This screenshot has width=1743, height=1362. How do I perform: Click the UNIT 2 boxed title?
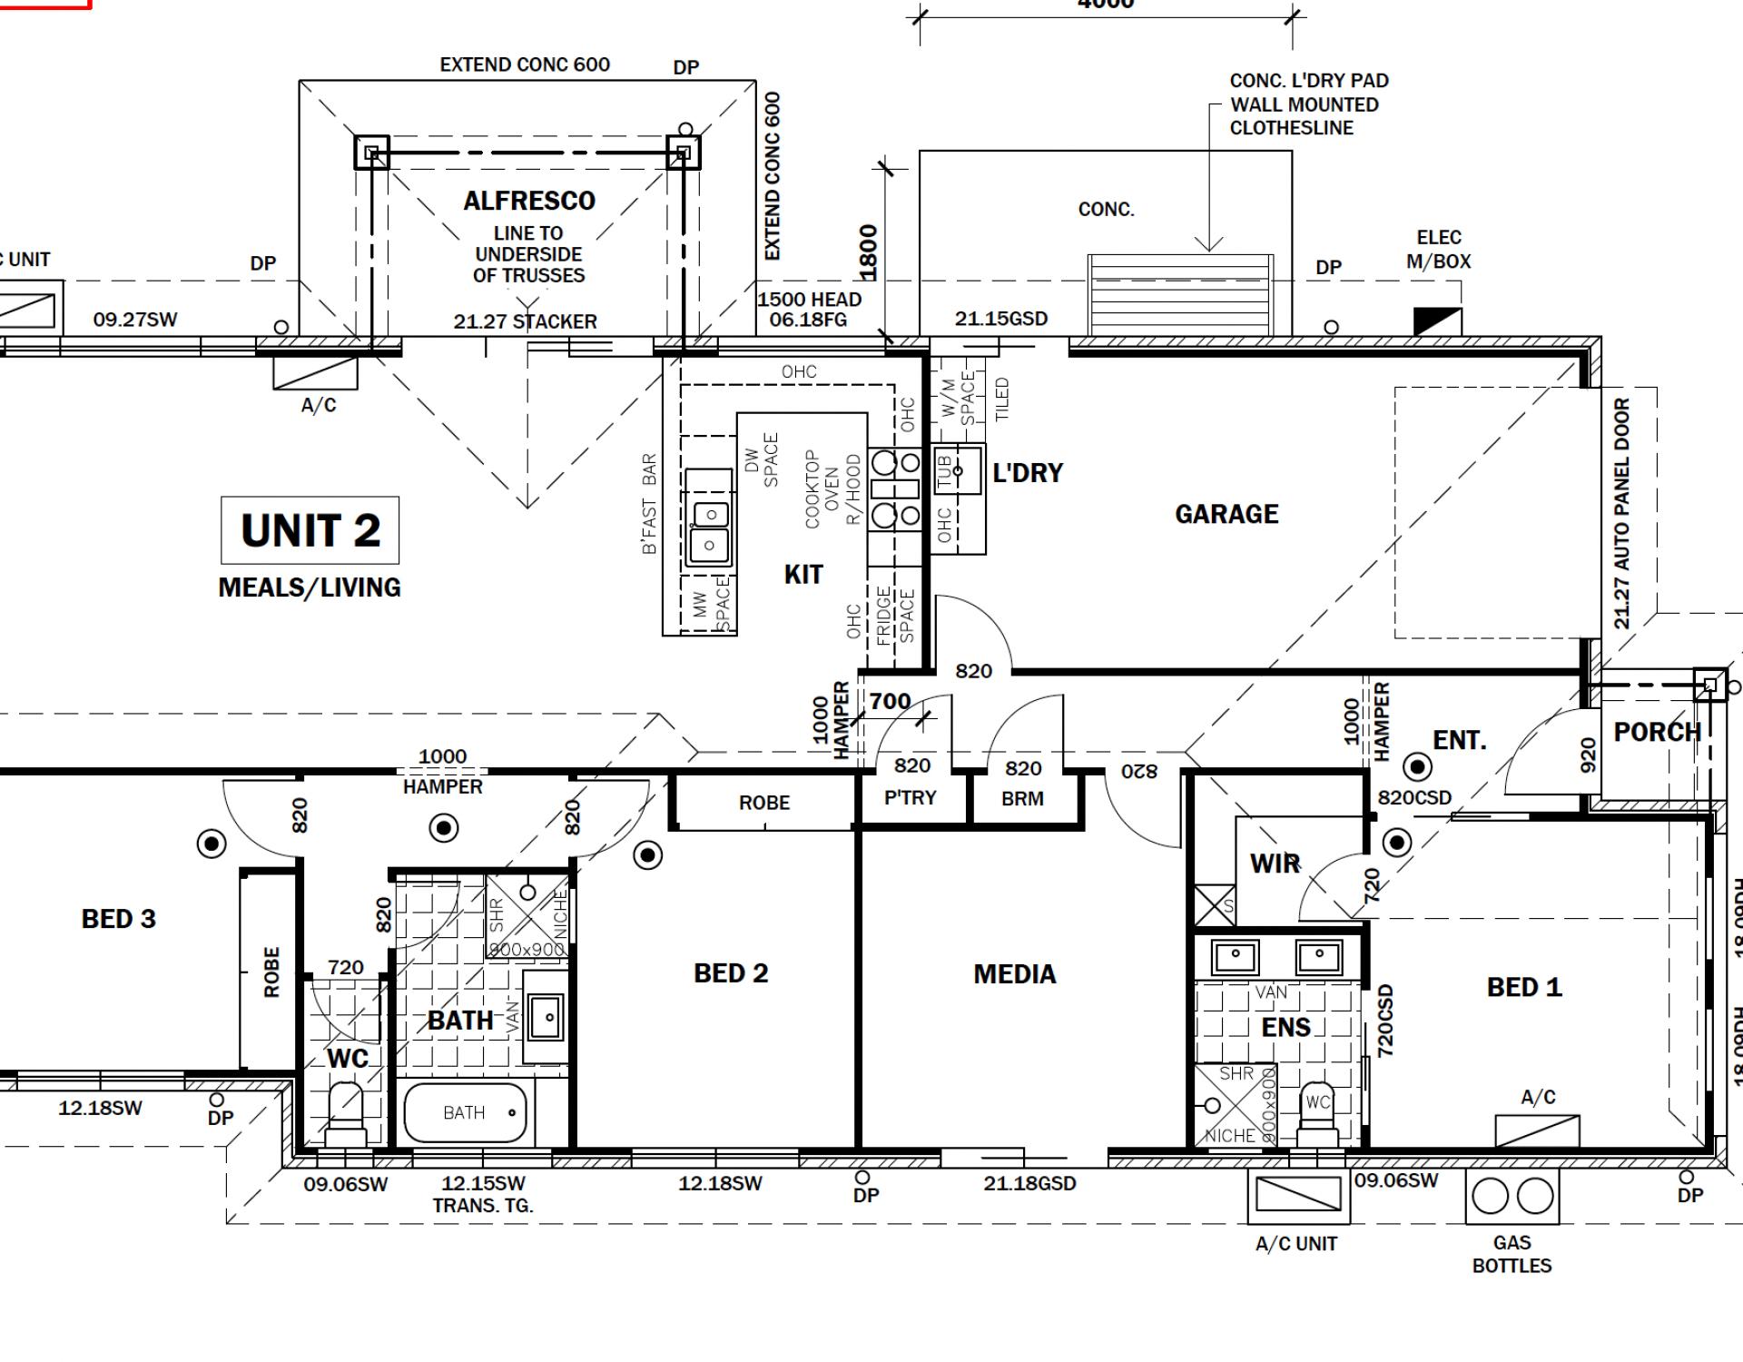(x=310, y=530)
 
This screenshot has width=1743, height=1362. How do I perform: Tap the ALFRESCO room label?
(x=529, y=201)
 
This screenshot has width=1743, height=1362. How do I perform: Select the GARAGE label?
(x=1226, y=514)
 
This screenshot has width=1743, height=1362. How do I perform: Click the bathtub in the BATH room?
(x=465, y=1112)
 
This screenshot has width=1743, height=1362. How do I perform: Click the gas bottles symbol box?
(x=1512, y=1196)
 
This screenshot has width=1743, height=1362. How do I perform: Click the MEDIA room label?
(x=1014, y=974)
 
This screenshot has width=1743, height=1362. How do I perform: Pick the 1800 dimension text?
(x=869, y=252)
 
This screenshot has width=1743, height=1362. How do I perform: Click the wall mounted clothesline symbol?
(x=1180, y=294)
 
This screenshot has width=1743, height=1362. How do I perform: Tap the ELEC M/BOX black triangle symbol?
(x=1438, y=321)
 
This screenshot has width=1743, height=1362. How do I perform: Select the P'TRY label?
(x=910, y=797)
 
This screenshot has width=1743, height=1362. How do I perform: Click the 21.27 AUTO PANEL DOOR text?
(x=1622, y=514)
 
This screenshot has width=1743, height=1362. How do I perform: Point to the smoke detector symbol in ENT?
(x=1417, y=768)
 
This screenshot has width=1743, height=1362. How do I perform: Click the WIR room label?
(x=1275, y=864)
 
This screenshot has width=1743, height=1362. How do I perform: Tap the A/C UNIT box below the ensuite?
(x=1298, y=1195)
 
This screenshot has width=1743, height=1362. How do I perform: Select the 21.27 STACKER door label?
(x=525, y=321)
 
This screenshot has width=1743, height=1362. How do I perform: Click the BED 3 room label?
(x=119, y=919)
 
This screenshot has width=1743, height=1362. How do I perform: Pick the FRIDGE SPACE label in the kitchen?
(x=894, y=616)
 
